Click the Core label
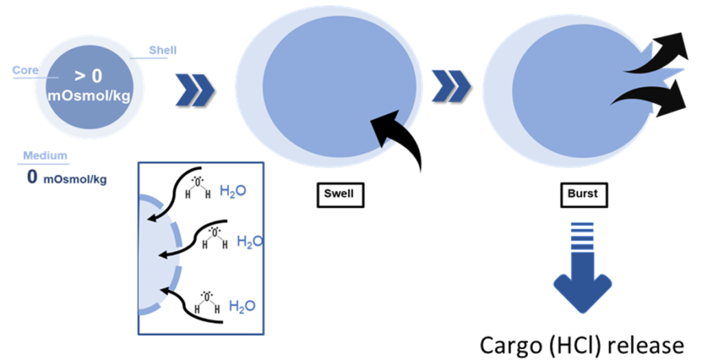coord(25,70)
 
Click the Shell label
coord(162,50)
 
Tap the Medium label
coord(45,155)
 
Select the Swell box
coord(339,194)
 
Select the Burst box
coord(582,194)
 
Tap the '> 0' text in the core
coord(88,77)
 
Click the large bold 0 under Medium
coord(32,177)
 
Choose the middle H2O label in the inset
coord(248,241)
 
